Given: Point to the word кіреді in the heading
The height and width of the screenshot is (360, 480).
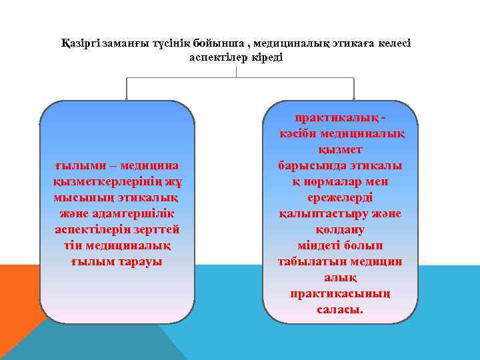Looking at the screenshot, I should click(267, 57).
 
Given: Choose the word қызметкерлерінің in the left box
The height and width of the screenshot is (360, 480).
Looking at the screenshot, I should click(109, 181).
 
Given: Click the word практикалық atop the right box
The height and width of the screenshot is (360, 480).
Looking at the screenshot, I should click(336, 117).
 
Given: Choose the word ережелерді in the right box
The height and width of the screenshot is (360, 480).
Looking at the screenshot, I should click(340, 197).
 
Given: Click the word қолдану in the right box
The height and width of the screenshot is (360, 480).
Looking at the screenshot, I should click(340, 229).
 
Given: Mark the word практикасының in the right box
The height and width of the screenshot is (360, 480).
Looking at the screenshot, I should click(340, 293).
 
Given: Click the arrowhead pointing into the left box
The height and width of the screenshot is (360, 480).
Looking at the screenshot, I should click(127, 99).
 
